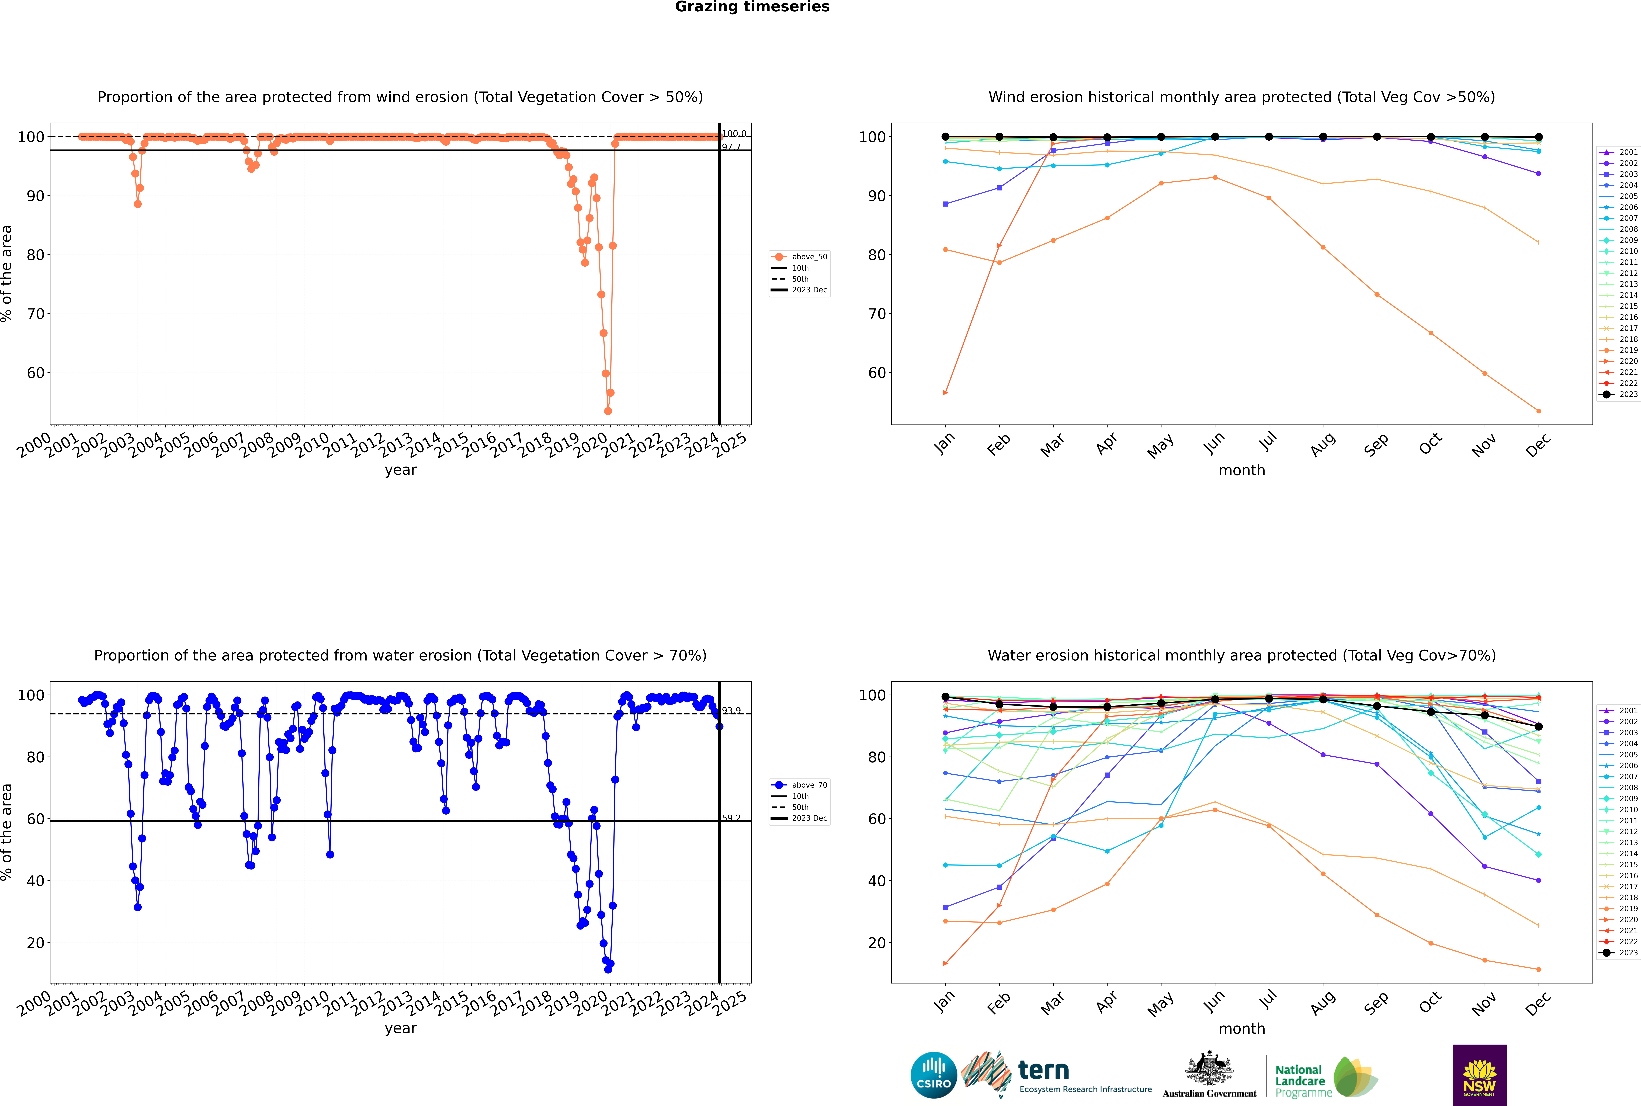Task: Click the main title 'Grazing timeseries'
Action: [x=752, y=7]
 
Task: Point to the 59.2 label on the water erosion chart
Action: [x=731, y=818]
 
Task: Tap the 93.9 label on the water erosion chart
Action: [x=731, y=711]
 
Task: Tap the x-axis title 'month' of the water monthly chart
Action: [x=1242, y=1028]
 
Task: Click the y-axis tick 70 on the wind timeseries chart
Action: [x=35, y=314]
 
